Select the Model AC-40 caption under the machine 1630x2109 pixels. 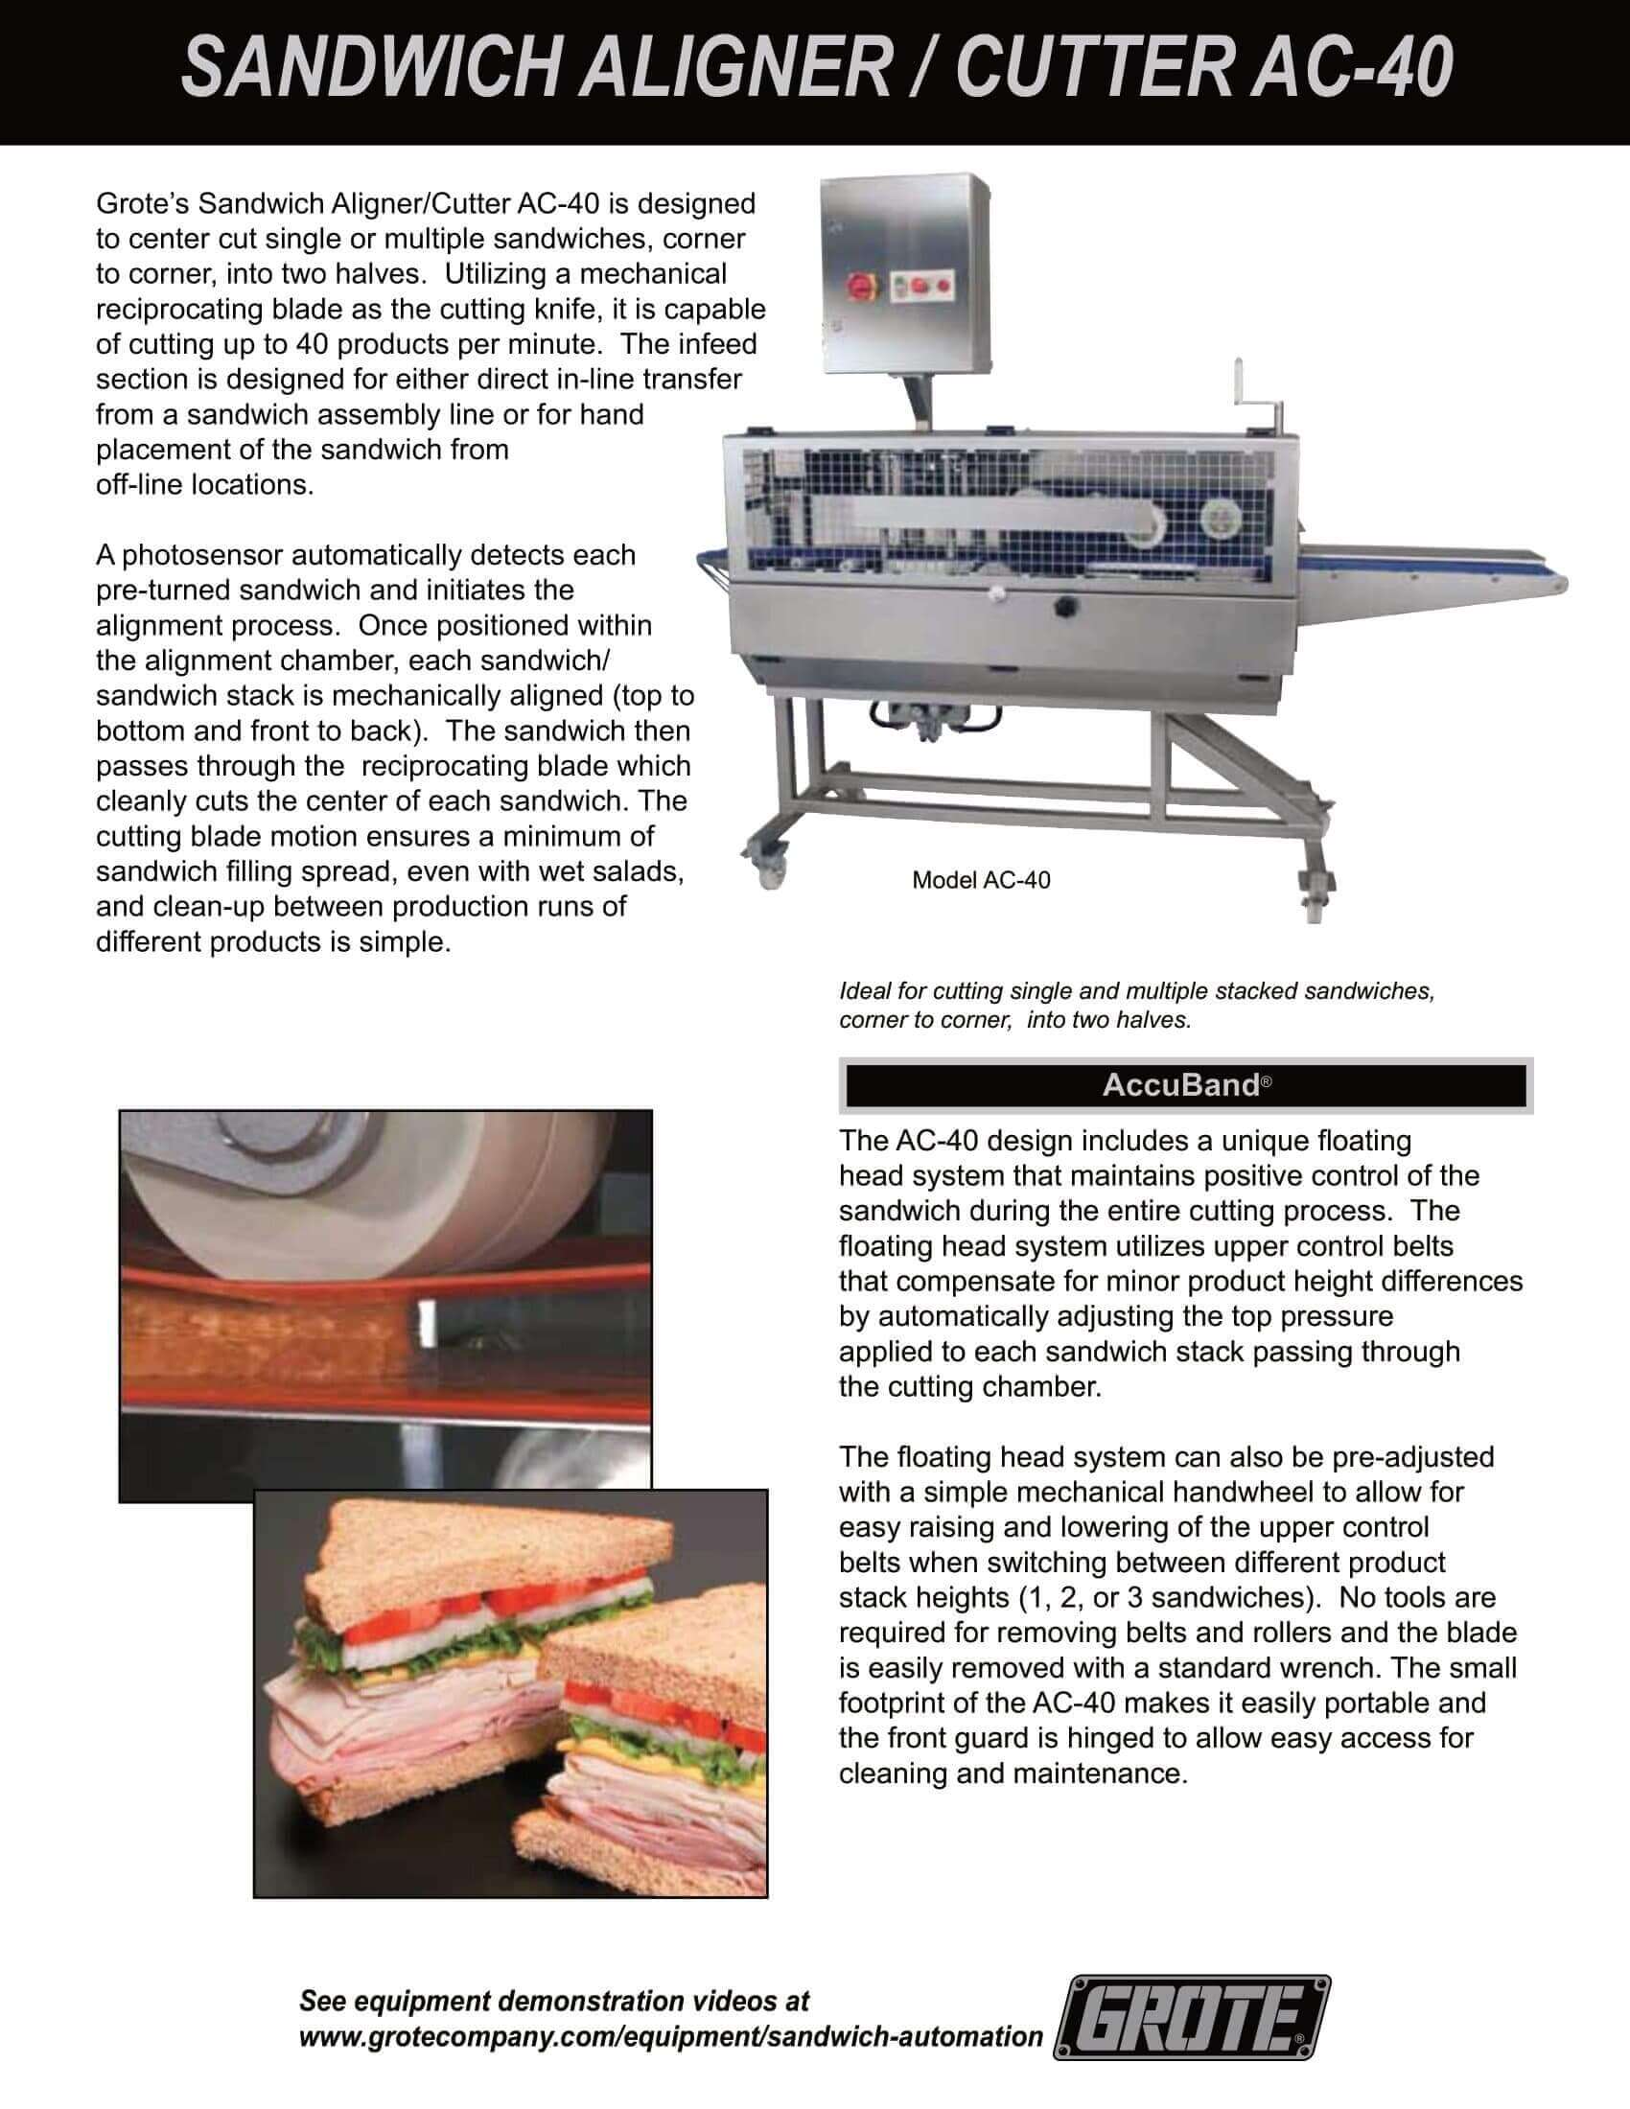click(x=981, y=880)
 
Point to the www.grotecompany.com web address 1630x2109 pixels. click(x=671, y=2036)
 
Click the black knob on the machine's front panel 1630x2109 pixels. click(x=1065, y=607)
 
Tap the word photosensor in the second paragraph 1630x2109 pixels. click(x=203, y=555)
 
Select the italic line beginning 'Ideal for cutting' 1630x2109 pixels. click(x=1135, y=991)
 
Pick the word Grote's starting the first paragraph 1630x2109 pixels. click(x=142, y=204)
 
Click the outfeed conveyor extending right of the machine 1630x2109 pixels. click(x=1430, y=569)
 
